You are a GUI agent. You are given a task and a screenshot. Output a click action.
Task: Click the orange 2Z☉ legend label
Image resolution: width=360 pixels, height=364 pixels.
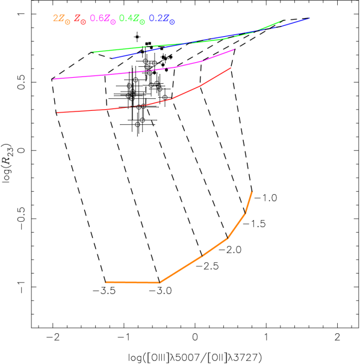[62, 19]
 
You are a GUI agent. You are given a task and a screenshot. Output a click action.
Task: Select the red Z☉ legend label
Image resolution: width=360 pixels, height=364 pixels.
[80, 19]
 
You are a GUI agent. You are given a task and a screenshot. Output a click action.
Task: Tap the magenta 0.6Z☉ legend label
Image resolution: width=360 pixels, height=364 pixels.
[102, 19]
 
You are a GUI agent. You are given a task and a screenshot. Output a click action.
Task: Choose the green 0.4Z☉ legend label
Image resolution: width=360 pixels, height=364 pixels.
[132, 19]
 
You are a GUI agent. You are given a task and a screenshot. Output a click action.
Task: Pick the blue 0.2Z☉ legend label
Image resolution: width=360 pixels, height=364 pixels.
[161, 19]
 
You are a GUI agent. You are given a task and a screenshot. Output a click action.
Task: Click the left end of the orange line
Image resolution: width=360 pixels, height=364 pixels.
[105, 282]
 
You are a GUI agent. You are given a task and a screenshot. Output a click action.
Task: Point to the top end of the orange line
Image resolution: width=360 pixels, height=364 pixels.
[252, 192]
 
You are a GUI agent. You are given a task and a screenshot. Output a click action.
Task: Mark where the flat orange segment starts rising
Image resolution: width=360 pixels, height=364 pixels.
[160, 282]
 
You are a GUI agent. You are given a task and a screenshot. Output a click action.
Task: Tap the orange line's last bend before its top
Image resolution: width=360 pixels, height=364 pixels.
[245, 213]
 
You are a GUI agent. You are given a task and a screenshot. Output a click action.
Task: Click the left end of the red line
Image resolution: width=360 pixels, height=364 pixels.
[57, 112]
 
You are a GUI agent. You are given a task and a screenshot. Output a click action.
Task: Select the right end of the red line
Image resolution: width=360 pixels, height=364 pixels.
[231, 68]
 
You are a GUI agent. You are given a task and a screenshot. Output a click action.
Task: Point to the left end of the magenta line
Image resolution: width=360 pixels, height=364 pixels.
[54, 78]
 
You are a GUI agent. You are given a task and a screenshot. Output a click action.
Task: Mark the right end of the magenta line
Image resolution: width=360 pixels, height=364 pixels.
[234, 49]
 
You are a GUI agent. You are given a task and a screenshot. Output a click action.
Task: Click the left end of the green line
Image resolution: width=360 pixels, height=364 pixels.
[93, 52]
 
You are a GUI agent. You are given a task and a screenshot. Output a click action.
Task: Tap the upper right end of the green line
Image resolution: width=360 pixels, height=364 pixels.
[282, 20]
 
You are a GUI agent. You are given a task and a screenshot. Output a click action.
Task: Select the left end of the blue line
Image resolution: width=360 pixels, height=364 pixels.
[113, 58]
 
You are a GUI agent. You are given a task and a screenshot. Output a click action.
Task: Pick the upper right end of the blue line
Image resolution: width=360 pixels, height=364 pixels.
[309, 17]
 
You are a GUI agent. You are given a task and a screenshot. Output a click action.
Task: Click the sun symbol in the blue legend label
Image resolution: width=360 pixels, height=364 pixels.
[172, 22]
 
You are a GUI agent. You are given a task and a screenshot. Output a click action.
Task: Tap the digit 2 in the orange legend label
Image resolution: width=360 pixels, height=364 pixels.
[55, 19]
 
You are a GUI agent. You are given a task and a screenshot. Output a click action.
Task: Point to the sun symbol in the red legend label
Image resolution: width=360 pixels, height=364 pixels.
[84, 22]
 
